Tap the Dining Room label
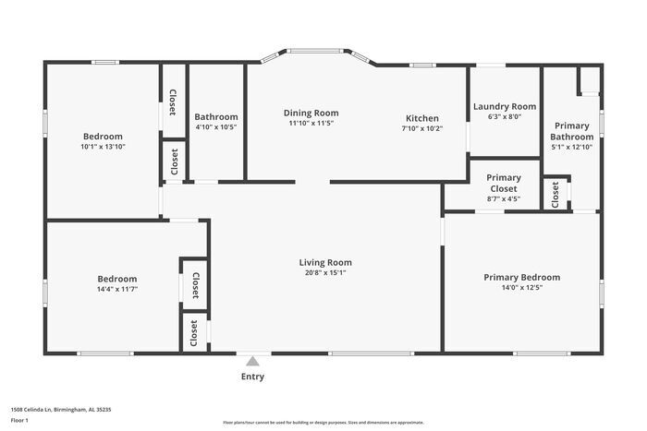tap(311, 113)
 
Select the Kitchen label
tap(421, 118)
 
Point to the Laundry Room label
tap(505, 106)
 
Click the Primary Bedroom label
tap(522, 277)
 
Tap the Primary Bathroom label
tap(572, 131)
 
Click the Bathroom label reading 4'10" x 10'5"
tap(215, 117)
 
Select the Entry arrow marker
tap(252, 360)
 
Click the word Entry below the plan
tap(252, 377)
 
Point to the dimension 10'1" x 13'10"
tap(102, 146)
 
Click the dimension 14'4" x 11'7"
tap(117, 290)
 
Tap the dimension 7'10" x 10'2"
tap(421, 129)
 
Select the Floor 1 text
tap(19, 420)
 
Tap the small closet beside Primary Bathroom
tap(555, 193)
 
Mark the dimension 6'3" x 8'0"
tap(505, 117)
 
